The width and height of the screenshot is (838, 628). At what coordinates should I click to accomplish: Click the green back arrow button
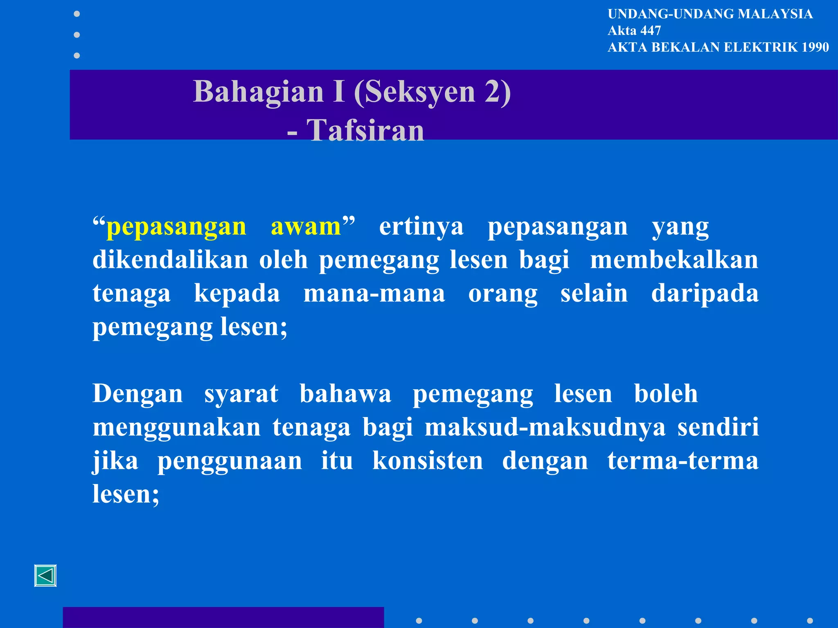(45, 576)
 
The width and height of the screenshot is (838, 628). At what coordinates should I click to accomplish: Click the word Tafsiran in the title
(365, 130)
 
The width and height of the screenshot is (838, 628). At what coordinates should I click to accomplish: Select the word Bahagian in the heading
(259, 91)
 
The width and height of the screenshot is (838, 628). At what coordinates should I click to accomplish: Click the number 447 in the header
(651, 30)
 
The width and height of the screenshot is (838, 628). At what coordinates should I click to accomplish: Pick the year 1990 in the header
(815, 47)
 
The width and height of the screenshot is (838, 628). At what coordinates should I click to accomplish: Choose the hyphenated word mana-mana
(374, 293)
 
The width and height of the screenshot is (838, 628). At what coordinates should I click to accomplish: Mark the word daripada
(705, 293)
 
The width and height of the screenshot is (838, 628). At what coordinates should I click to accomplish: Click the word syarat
(241, 394)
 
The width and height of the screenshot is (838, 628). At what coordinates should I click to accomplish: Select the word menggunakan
(176, 427)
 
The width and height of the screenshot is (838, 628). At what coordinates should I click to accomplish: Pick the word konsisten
(428, 461)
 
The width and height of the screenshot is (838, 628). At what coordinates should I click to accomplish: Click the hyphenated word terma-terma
(683, 461)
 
